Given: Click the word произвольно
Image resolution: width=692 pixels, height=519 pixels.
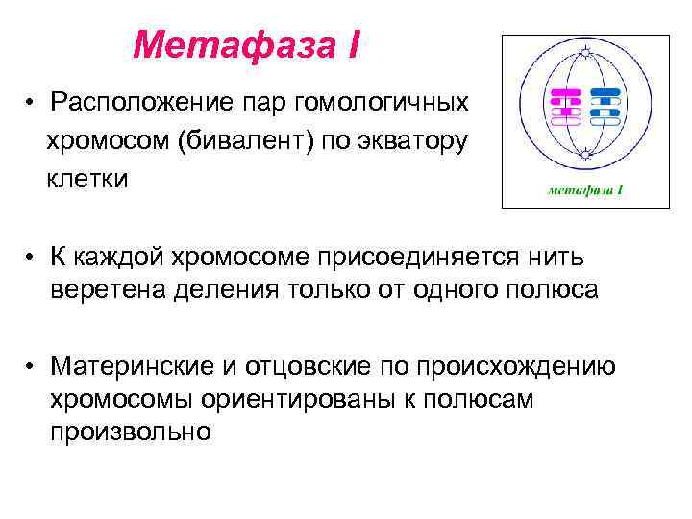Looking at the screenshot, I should [x=131, y=432].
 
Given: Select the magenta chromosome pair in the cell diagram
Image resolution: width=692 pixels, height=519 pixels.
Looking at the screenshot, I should [x=565, y=108].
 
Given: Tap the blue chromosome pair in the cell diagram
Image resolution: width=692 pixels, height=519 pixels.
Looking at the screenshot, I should [x=605, y=108].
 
